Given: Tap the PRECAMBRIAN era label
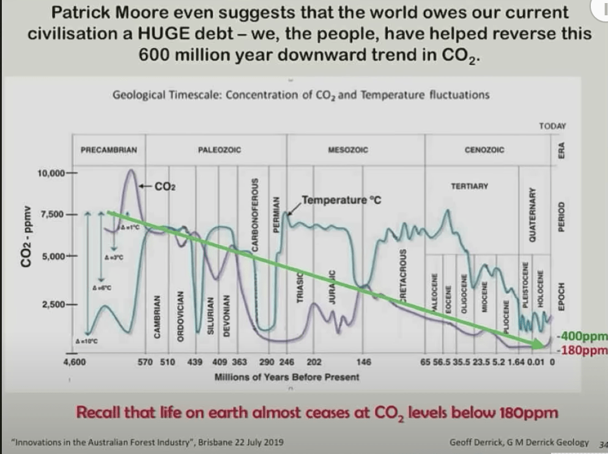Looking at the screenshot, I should [x=108, y=149].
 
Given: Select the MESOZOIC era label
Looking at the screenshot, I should [x=348, y=149].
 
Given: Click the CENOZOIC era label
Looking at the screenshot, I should [x=484, y=149].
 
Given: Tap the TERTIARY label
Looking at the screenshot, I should [x=469, y=185].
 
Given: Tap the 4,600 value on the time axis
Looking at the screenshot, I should [x=74, y=362].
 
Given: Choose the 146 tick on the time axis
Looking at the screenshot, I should [x=363, y=362].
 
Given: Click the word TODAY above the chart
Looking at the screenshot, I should [x=552, y=126].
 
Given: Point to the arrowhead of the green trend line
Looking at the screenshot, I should [x=540, y=345].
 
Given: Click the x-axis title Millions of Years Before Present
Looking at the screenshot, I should [x=287, y=377].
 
